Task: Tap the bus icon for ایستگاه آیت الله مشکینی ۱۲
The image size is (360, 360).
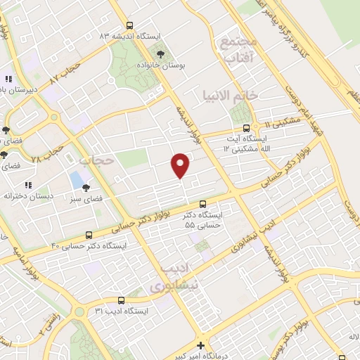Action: [245, 128]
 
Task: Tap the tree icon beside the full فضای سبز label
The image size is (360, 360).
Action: [86, 188]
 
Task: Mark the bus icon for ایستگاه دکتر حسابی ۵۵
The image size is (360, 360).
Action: [203, 203]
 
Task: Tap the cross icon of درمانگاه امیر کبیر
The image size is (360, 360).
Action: [201, 345]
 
